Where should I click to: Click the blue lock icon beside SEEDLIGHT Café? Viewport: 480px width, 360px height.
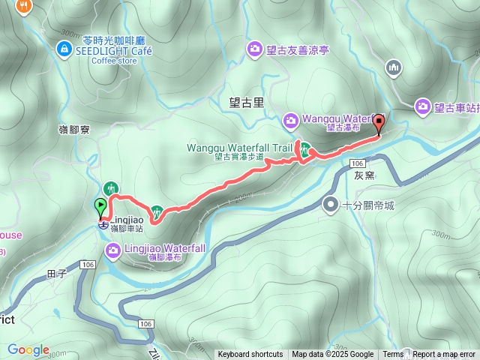click(x=64, y=49)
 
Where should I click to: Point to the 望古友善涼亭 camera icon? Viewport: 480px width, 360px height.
click(x=255, y=49)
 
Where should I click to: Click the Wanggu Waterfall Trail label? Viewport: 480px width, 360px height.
click(x=239, y=148)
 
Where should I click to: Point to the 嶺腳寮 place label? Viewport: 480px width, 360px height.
click(x=74, y=130)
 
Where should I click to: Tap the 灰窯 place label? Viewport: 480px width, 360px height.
click(x=364, y=174)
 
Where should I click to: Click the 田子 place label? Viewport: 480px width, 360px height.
click(x=57, y=274)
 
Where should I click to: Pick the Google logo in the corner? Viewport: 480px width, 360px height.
click(x=28, y=349)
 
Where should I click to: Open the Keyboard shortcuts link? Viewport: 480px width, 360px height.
click(x=250, y=355)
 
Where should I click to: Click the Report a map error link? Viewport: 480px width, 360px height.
click(x=444, y=355)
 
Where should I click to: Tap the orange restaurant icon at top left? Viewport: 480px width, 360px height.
click(x=26, y=6)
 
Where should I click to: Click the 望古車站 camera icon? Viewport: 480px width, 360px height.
click(x=423, y=107)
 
